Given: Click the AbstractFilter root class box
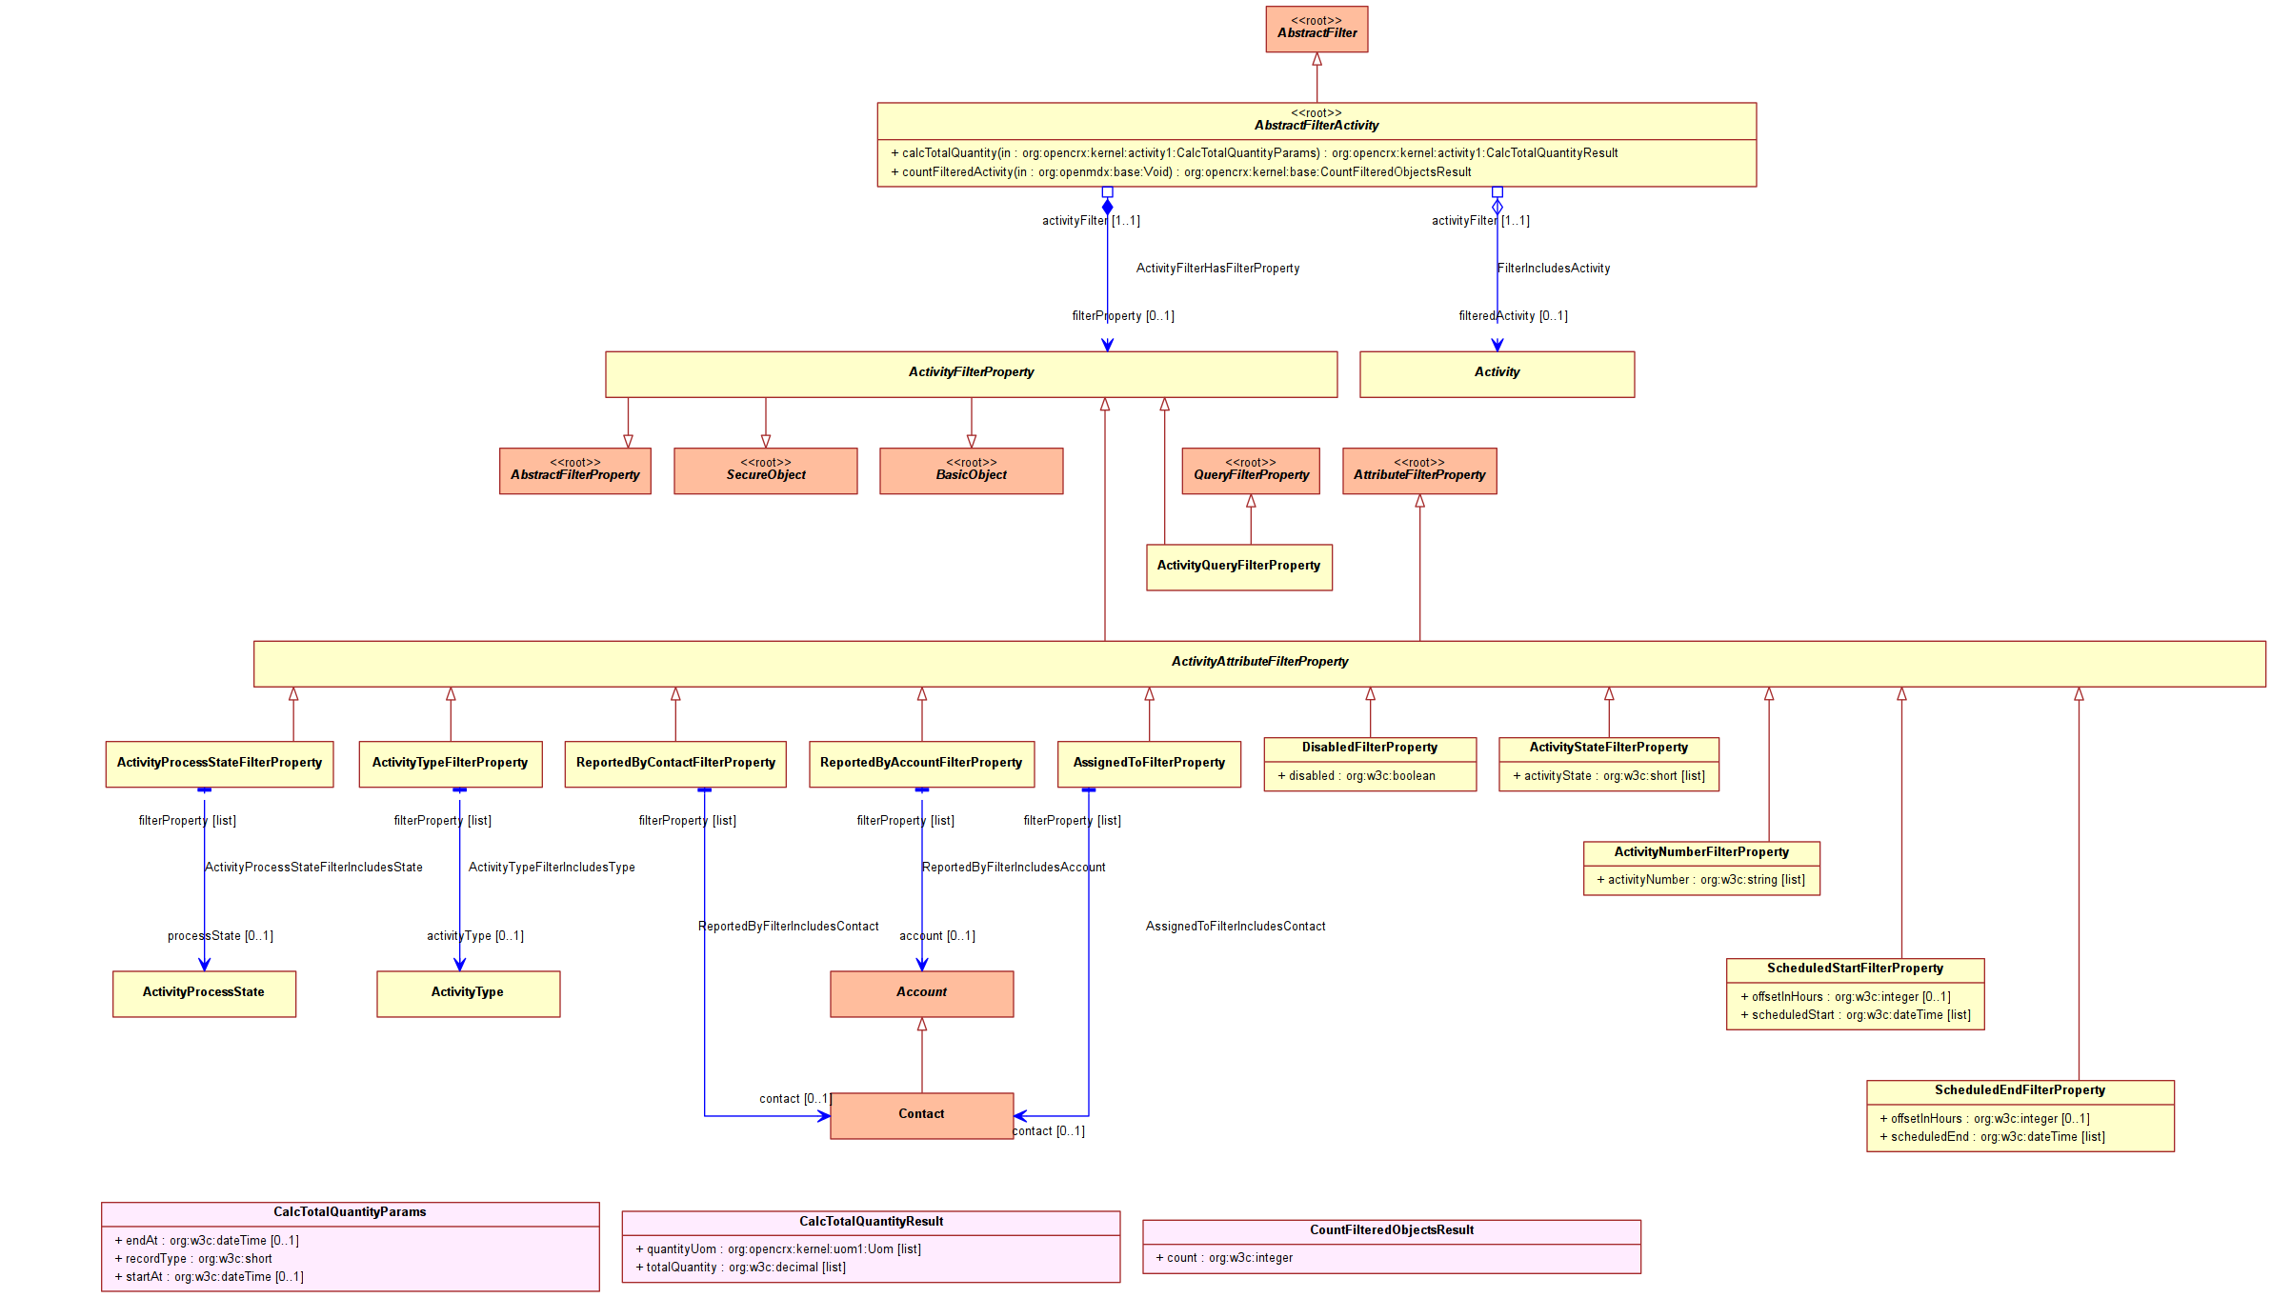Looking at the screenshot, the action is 1316,30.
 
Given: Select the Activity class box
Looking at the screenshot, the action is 1497,374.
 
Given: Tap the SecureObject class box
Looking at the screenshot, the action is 766,471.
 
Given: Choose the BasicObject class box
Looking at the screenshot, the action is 972,471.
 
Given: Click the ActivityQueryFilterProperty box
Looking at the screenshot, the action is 1239,568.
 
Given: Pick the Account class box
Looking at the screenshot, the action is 922,994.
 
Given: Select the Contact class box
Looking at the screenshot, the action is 922,1116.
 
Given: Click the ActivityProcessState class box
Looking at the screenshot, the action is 204,994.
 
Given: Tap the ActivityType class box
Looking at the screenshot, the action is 468,994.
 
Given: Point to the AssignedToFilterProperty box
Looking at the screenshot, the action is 1149,765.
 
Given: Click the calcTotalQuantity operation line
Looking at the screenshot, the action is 1254,153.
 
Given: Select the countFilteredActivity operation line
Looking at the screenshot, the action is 1180,172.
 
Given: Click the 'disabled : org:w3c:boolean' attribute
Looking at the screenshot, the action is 1356,776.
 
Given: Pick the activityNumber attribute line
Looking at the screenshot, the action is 1700,880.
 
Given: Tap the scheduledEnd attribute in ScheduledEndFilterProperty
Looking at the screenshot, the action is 1992,1137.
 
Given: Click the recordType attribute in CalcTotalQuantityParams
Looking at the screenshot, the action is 193,1259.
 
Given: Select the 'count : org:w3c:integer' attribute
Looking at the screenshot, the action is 1224,1258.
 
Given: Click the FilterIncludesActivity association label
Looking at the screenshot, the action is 1554,269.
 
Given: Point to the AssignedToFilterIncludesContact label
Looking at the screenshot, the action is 1236,927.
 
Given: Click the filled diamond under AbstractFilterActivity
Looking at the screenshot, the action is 1107,207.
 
